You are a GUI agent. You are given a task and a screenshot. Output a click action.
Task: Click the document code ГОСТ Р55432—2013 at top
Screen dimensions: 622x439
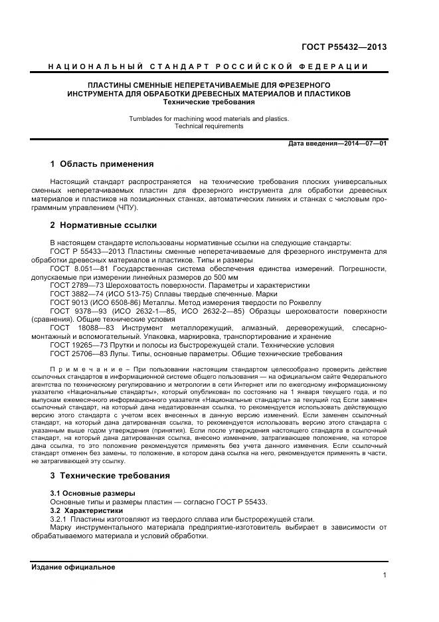coord(344,47)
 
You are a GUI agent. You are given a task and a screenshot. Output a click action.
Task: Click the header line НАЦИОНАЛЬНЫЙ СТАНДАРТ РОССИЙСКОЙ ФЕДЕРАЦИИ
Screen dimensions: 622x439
coord(209,66)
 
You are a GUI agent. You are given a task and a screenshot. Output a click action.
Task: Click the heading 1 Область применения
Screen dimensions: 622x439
coord(102,164)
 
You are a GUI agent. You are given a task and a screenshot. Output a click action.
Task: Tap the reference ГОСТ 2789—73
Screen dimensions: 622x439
coord(74,285)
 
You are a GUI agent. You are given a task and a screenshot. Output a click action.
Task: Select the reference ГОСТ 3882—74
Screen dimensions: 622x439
coord(74,294)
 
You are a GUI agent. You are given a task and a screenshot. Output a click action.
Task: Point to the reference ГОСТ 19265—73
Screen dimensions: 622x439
coord(76,346)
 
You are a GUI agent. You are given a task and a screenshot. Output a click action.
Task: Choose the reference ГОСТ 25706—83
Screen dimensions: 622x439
coord(76,354)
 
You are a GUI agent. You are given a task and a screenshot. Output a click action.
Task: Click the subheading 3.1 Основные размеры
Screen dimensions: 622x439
coord(92,493)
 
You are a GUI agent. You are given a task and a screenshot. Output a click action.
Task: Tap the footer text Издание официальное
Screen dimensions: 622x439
coord(73,567)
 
